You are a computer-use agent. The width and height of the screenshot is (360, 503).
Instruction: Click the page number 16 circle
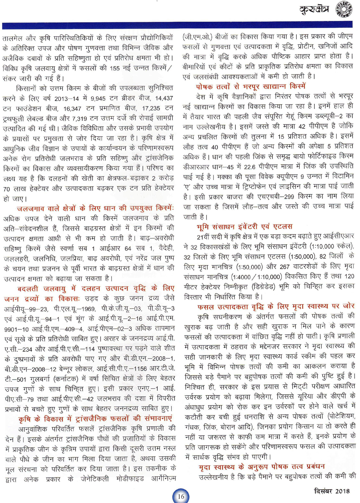click(181, 496)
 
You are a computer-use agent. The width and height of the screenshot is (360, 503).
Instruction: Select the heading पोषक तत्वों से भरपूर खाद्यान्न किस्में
click(251, 86)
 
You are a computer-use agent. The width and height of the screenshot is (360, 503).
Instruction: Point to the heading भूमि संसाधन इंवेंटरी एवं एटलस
click(244, 227)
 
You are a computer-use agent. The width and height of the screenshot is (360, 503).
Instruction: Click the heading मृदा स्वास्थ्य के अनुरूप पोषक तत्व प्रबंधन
click(262, 467)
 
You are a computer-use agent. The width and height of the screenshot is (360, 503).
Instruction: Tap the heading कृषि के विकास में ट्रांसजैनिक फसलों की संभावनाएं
click(95, 419)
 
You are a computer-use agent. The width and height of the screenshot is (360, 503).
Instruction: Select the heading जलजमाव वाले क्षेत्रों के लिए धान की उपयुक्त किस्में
click(95, 208)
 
